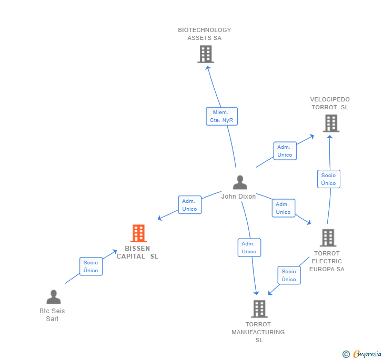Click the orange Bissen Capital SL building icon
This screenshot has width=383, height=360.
(x=138, y=233)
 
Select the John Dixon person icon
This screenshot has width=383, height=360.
(x=240, y=182)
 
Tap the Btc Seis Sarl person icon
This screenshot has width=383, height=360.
(x=53, y=297)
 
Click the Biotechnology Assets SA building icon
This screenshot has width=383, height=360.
(x=205, y=54)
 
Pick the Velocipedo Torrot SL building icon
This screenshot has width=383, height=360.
(x=330, y=123)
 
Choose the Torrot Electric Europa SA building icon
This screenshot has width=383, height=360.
(x=327, y=238)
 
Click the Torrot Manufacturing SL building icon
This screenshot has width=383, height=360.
(x=259, y=308)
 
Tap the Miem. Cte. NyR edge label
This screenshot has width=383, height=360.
(x=221, y=116)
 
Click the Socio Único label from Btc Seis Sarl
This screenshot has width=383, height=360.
(x=90, y=266)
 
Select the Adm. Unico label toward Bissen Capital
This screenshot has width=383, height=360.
(x=189, y=205)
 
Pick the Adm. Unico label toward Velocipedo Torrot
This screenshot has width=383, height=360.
(x=285, y=151)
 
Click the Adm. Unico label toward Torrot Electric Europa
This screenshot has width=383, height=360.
(x=283, y=208)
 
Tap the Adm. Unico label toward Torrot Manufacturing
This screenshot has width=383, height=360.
(x=249, y=248)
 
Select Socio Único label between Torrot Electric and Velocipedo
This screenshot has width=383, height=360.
(x=328, y=179)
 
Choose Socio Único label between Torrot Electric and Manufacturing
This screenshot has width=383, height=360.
(x=289, y=275)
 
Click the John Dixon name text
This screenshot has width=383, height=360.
(x=238, y=197)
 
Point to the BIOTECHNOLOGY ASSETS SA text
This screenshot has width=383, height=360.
(x=204, y=34)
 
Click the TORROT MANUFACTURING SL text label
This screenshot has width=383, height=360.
(x=258, y=332)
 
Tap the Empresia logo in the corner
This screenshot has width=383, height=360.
(x=362, y=354)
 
